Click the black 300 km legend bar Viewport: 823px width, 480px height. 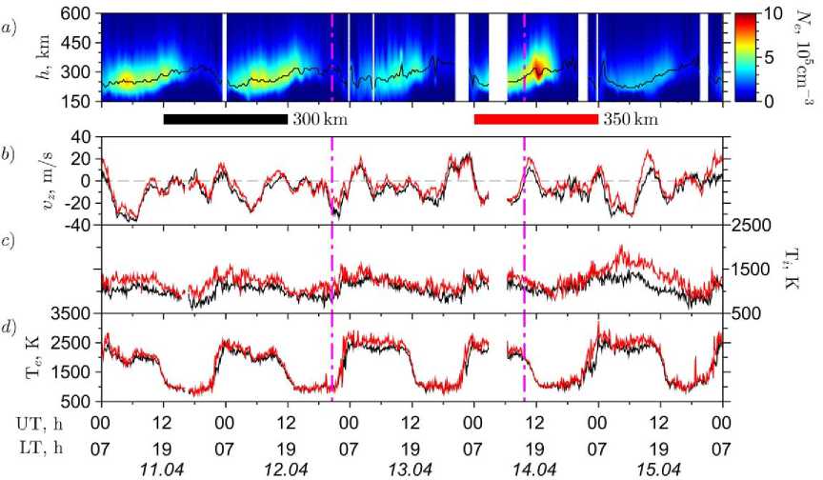click(x=225, y=119)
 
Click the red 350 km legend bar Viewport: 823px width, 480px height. click(x=535, y=119)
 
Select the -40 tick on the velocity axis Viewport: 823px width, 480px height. click(x=76, y=226)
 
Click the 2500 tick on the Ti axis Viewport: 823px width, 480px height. click(x=753, y=226)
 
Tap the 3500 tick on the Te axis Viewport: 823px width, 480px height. click(x=72, y=313)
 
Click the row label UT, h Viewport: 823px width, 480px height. click(x=38, y=421)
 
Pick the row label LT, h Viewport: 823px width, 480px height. click(x=38, y=446)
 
